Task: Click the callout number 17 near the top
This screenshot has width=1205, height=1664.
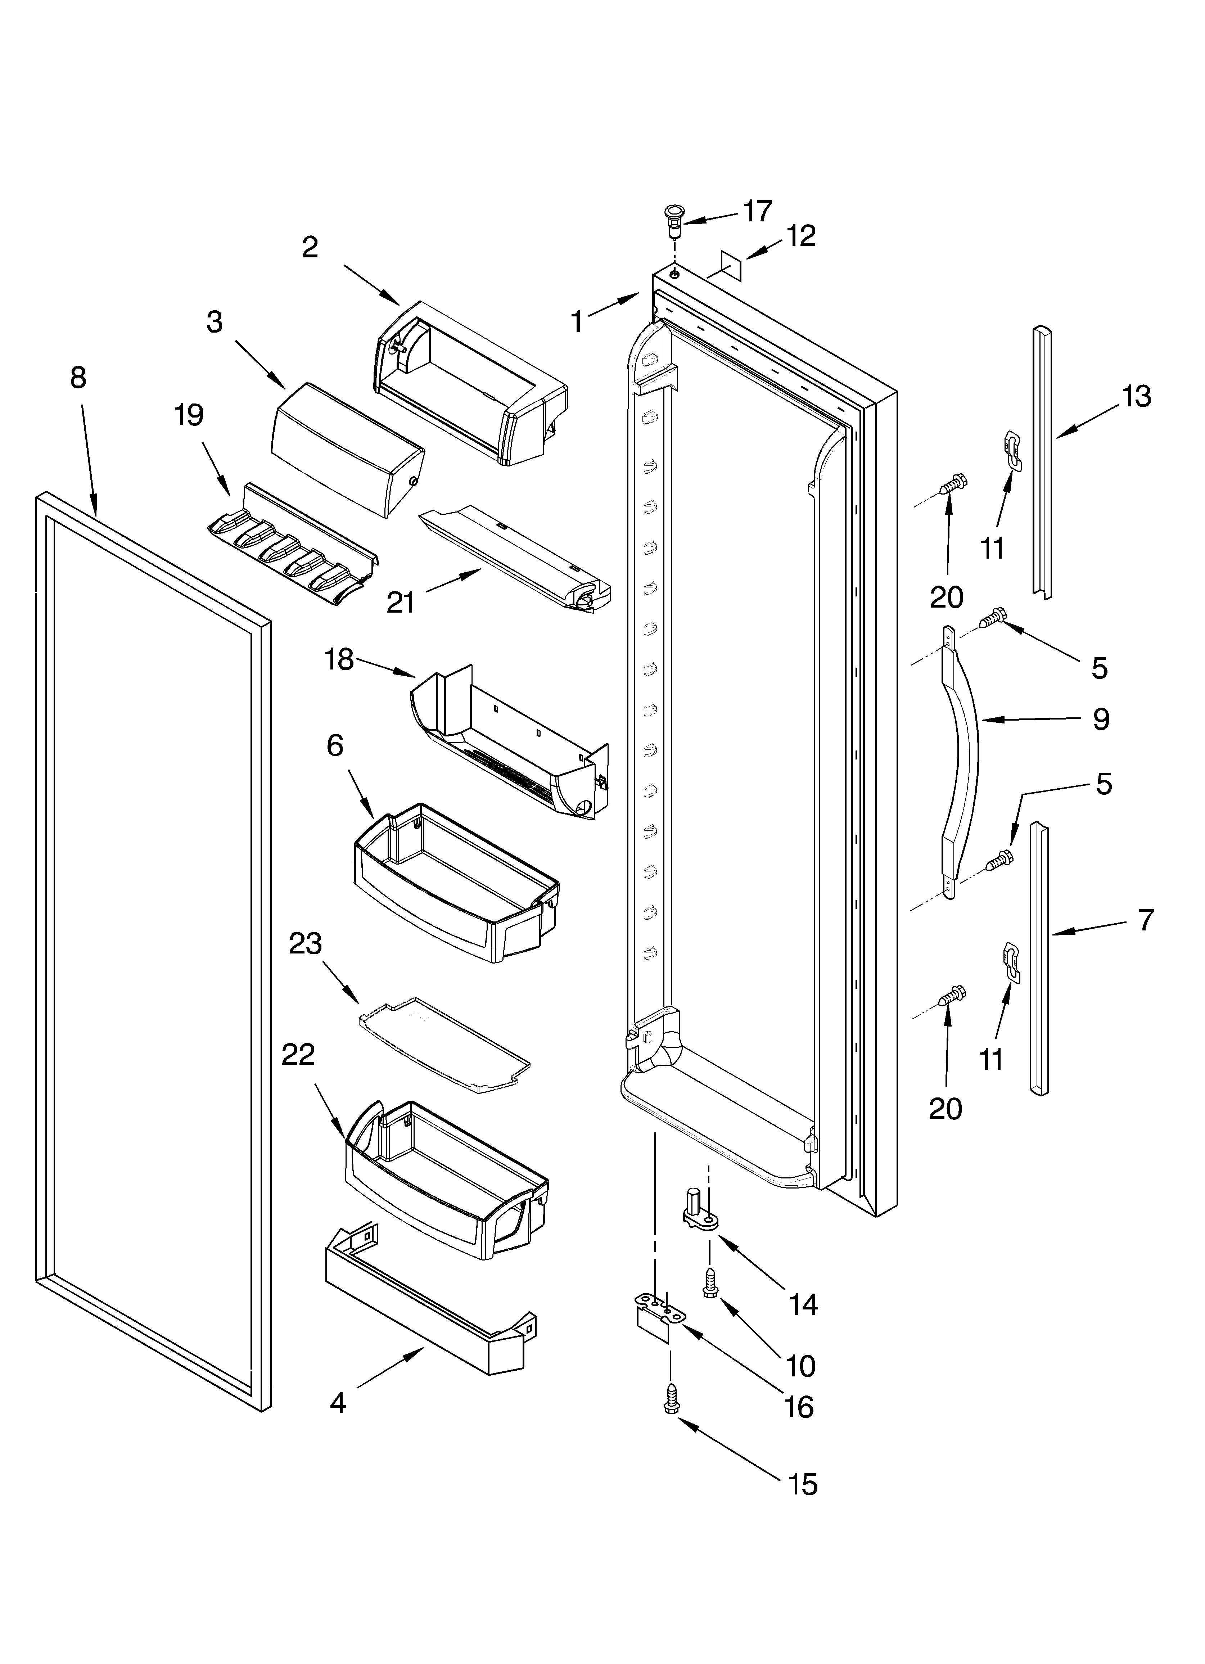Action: click(x=757, y=211)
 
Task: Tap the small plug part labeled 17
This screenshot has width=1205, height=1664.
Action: click(x=671, y=220)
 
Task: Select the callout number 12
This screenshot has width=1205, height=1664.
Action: click(x=801, y=236)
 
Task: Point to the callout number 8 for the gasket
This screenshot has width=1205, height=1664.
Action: click(x=78, y=378)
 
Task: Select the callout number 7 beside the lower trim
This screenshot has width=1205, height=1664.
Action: click(x=1146, y=919)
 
